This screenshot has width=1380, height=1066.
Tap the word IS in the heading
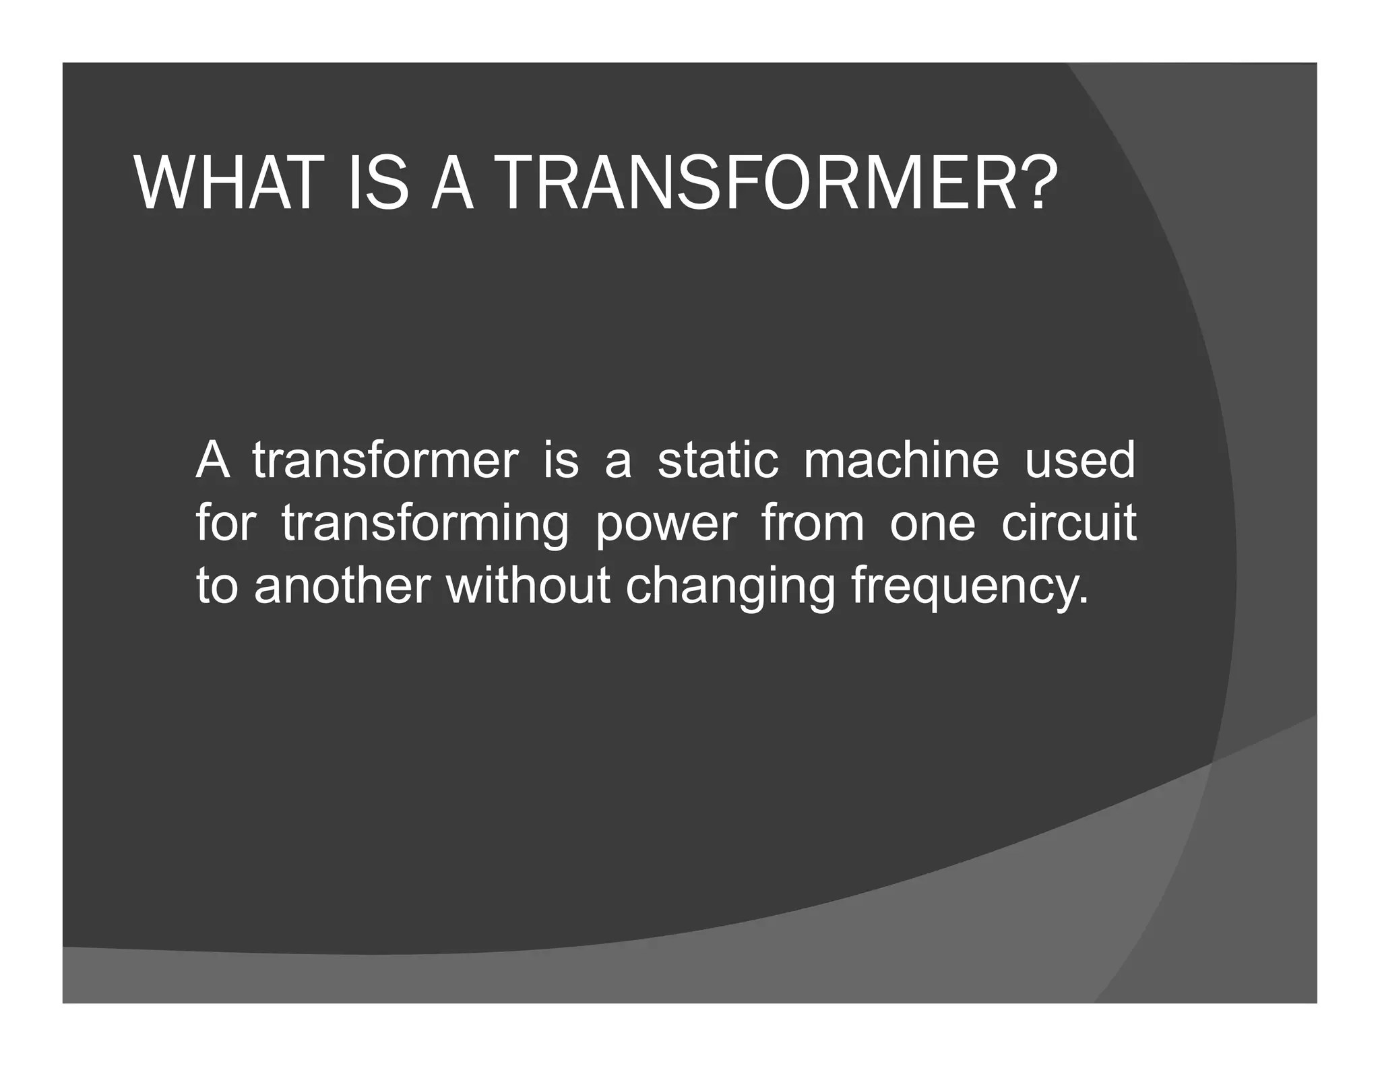pyautogui.click(x=378, y=184)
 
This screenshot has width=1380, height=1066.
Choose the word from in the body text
pyautogui.click(x=813, y=524)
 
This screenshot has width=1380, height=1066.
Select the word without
pyautogui.click(x=528, y=586)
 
